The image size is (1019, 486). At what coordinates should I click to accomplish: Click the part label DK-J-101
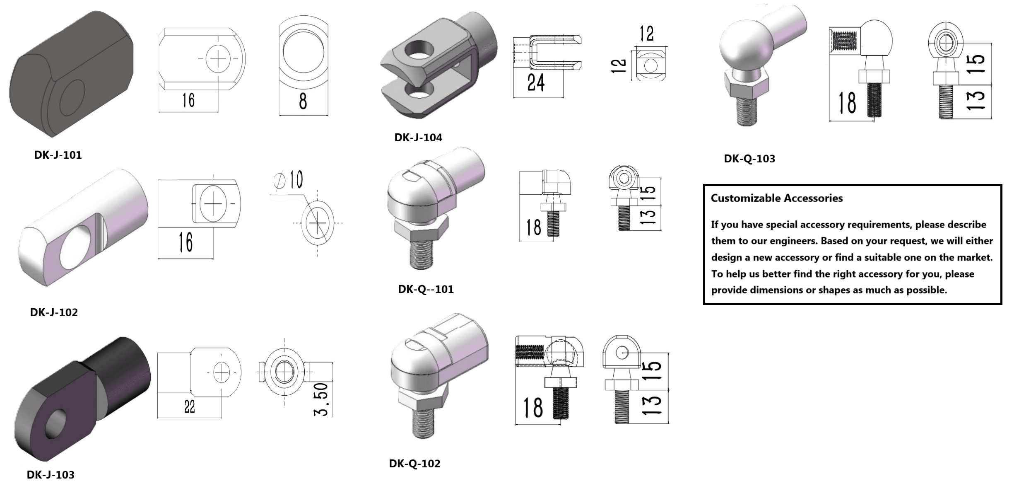(x=58, y=155)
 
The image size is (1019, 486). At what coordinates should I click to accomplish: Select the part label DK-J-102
(x=54, y=312)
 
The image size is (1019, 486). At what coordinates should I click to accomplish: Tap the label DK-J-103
(x=51, y=475)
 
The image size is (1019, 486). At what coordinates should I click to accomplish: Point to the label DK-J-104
(x=418, y=138)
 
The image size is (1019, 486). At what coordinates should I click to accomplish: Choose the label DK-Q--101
(x=426, y=289)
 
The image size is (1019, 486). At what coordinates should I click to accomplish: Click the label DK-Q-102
(x=414, y=464)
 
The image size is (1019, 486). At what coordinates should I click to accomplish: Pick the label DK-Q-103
(x=749, y=159)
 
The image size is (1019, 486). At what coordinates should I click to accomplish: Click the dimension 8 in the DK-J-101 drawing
(x=303, y=102)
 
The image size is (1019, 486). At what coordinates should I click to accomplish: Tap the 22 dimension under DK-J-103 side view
(x=190, y=407)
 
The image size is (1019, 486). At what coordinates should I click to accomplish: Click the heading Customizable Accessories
(x=777, y=198)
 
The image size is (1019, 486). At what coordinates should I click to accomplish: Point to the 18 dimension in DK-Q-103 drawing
(x=847, y=103)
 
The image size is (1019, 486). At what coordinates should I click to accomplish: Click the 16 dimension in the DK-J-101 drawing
(x=188, y=100)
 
